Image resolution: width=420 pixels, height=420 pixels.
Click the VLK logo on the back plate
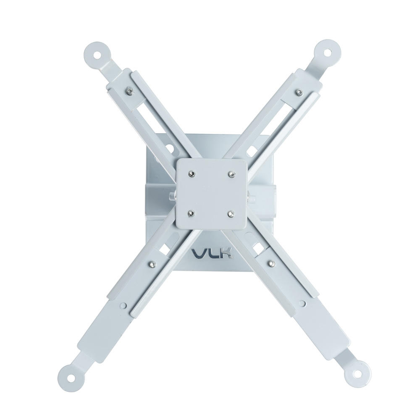211,253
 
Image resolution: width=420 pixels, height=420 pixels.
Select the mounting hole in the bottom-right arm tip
358,374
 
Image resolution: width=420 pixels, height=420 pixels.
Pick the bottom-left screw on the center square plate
191,213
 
